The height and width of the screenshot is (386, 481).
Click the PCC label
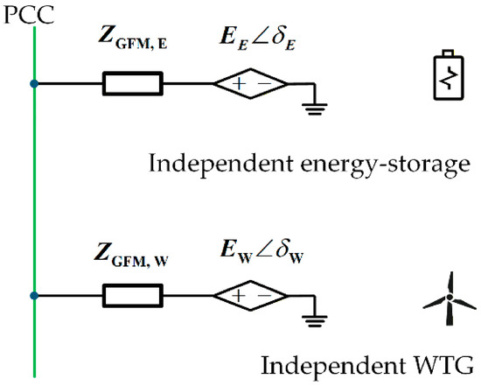[29, 14]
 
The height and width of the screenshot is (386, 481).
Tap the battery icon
[449, 74]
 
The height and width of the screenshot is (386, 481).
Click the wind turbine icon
[450, 298]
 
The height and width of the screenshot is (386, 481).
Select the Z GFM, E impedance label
[133, 39]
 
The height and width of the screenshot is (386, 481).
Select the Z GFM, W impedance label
[131, 256]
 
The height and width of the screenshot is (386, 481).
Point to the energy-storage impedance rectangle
[133, 83]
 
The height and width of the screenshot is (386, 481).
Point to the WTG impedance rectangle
[133, 296]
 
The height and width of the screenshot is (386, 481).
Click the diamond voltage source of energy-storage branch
[251, 83]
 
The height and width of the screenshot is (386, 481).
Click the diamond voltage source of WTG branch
[251, 296]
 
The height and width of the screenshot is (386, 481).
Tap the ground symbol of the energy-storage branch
[315, 109]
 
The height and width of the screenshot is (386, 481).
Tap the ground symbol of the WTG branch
[315, 321]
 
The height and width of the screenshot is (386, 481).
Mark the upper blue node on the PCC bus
[34, 83]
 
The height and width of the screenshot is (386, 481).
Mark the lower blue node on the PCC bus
[34, 296]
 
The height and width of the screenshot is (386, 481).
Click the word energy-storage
[385, 165]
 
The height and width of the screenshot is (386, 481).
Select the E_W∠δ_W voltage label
[262, 252]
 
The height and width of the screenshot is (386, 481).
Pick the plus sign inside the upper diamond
[239, 83]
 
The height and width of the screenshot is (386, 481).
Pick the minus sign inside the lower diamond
[264, 296]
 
